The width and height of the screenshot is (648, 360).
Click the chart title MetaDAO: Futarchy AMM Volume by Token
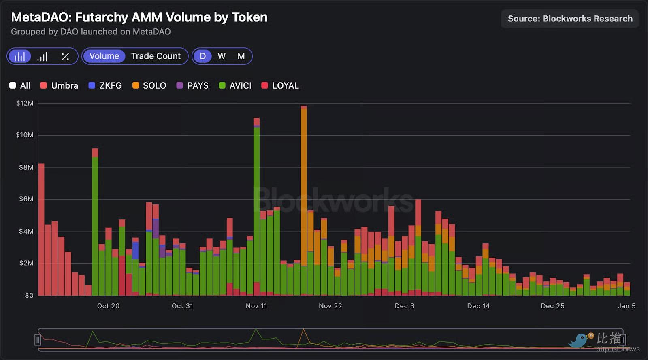point(139,17)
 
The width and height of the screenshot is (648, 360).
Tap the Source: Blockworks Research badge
point(569,19)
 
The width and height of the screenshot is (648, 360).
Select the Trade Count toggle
point(156,56)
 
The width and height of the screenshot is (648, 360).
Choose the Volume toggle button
point(104,56)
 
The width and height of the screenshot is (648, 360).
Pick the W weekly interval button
point(222,56)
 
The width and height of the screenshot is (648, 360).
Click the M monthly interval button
point(241,56)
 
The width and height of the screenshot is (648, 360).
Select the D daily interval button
point(202,56)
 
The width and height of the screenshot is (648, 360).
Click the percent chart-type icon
point(65,57)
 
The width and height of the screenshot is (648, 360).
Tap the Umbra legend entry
point(60,85)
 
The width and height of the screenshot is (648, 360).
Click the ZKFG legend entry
point(105,85)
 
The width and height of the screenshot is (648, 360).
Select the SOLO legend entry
point(149,85)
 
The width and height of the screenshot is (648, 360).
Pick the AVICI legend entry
point(235,85)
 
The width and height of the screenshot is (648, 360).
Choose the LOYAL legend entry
point(280,85)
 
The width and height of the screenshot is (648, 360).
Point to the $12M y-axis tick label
point(25,103)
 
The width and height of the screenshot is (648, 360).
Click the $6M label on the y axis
point(26,199)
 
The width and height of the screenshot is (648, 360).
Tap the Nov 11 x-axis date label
point(256,306)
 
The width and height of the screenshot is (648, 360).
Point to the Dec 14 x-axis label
point(478,306)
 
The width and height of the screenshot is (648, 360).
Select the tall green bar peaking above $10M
point(256,202)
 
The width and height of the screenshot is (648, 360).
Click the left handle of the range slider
point(38,340)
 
